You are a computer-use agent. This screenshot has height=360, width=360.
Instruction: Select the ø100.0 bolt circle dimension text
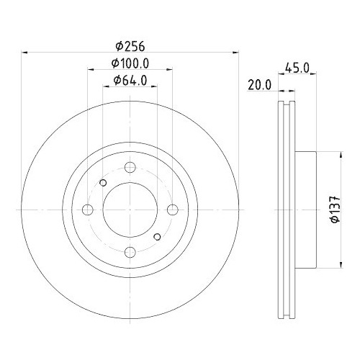(130, 64)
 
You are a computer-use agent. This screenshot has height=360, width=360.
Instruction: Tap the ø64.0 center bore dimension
(130, 81)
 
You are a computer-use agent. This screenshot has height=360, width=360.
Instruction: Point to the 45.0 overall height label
(297, 68)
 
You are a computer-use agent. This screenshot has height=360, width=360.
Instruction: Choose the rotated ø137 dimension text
(333, 210)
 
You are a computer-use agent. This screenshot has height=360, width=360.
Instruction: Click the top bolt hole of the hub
(130, 168)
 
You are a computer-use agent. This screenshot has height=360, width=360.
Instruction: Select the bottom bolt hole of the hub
(130, 252)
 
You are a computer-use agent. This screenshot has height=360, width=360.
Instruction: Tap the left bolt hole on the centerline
(88, 210)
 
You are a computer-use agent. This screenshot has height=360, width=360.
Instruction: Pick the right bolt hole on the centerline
(173, 210)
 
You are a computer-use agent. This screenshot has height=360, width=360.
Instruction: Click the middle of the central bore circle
(130, 210)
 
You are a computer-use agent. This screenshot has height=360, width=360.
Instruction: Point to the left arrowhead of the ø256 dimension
(26, 53)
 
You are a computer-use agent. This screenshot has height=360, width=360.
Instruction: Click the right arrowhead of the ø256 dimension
(235, 53)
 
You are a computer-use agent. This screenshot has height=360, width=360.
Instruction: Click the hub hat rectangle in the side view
(305, 210)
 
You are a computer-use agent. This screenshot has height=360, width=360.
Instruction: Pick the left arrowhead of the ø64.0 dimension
(105, 88)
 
